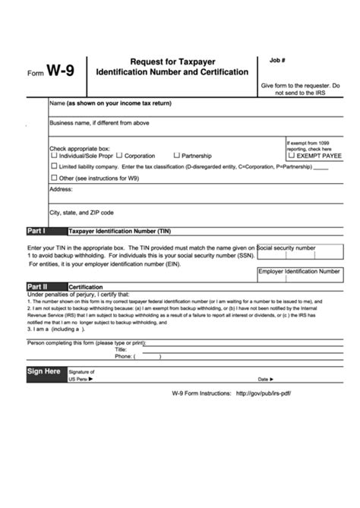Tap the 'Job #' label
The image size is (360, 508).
[x=277, y=58]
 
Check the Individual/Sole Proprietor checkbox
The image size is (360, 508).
[x=53, y=155]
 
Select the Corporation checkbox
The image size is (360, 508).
[x=119, y=155]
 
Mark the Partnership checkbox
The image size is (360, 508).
[x=175, y=155]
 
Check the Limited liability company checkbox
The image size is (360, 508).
[x=53, y=166]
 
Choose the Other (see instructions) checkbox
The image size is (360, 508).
[x=53, y=178]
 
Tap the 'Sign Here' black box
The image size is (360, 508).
[x=44, y=371]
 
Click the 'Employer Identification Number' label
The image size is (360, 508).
[x=298, y=270]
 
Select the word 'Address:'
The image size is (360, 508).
[x=62, y=188]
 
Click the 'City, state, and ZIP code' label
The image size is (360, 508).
[x=81, y=213]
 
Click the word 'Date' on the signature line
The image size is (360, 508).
[x=263, y=378]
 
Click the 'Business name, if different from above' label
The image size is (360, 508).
[x=99, y=121]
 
